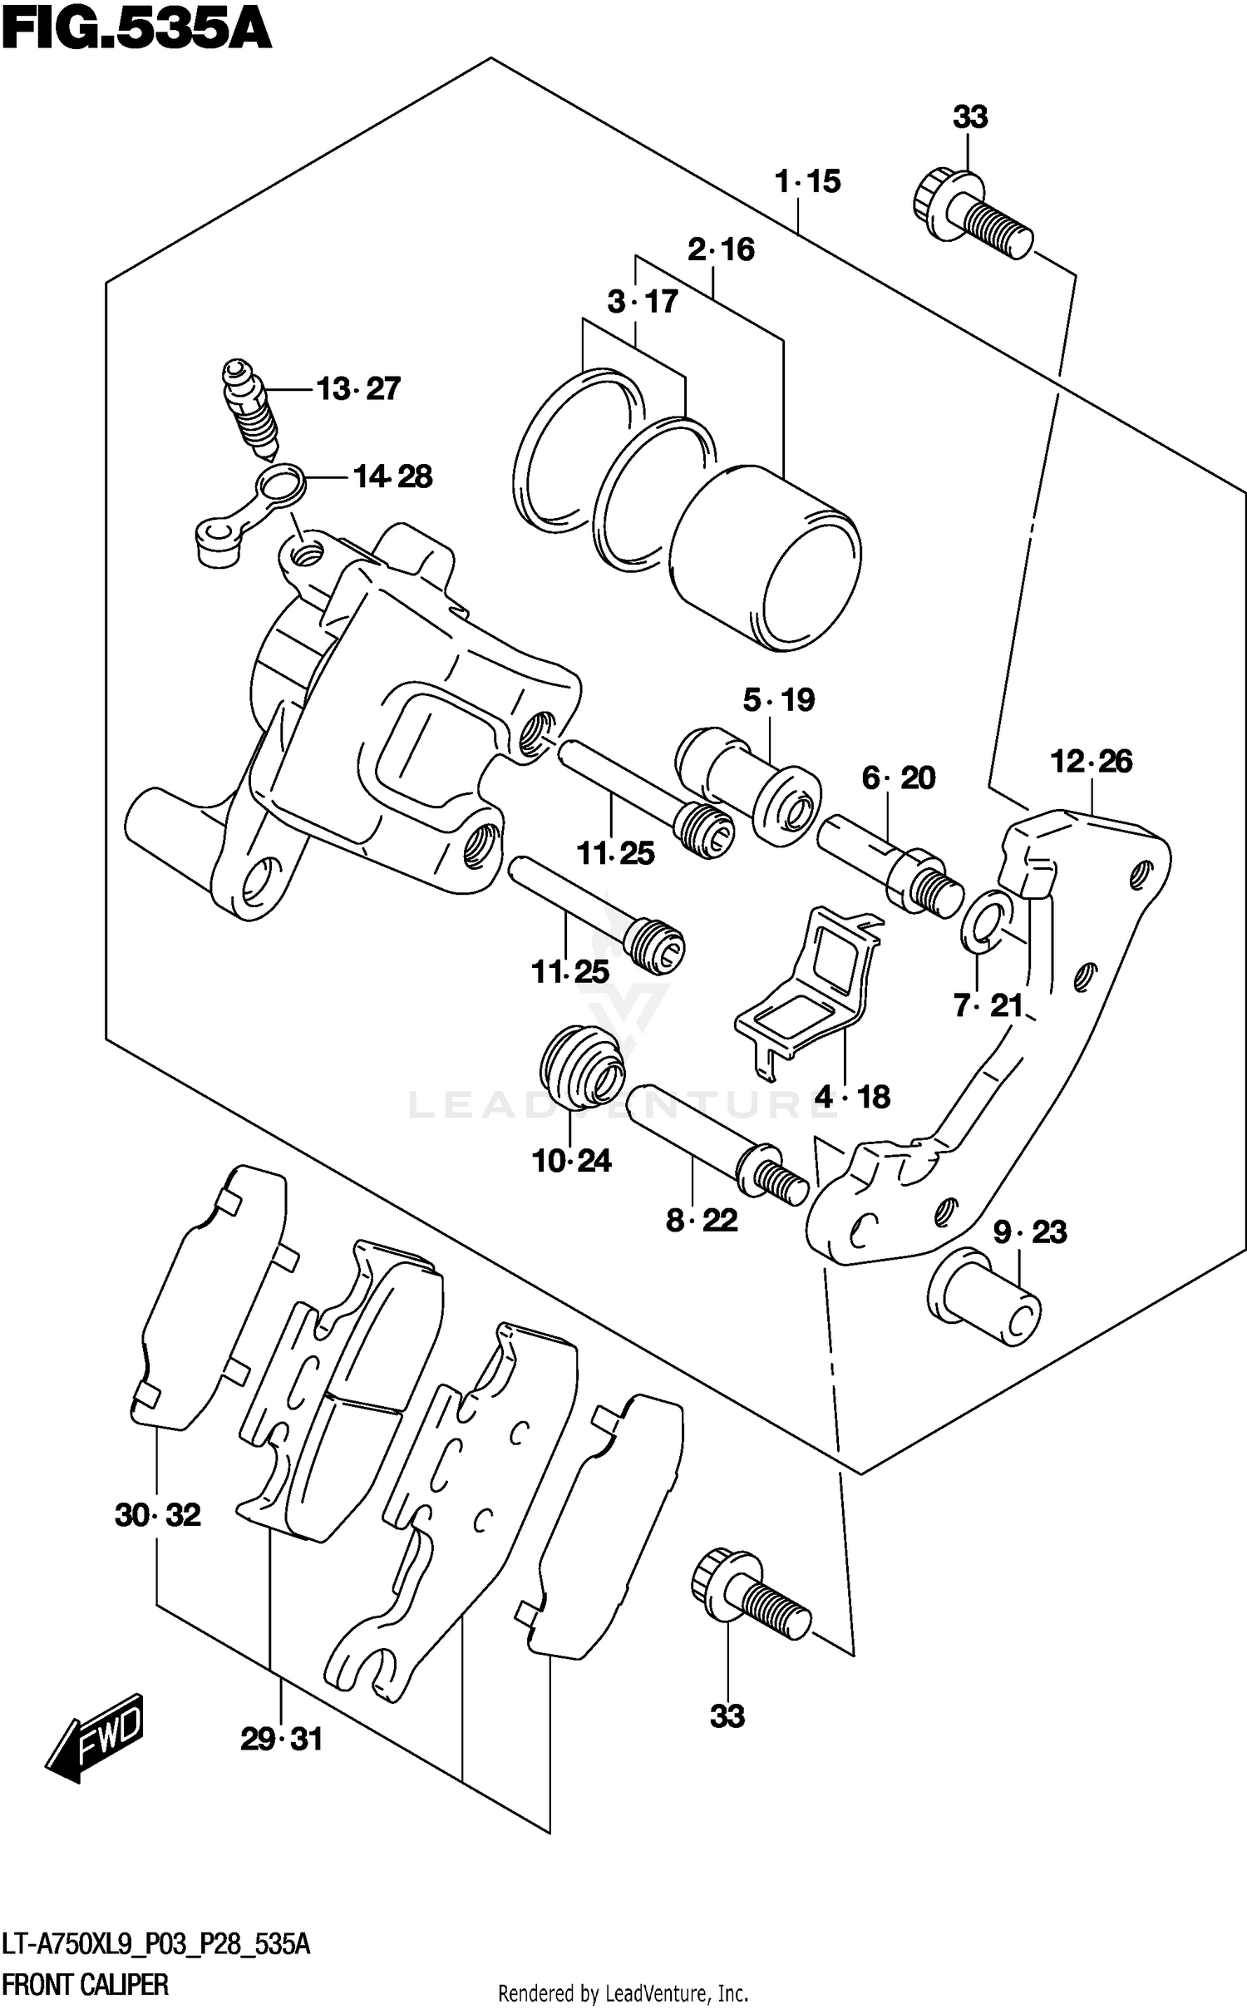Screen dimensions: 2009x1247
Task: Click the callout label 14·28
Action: pos(392,477)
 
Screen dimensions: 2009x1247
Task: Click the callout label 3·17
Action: pos(642,302)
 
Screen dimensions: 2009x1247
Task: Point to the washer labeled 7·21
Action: pos(985,921)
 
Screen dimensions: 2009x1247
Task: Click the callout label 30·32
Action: pos(158,1515)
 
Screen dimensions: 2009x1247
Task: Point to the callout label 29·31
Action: pos(281,1740)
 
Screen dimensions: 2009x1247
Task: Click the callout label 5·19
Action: pos(779,700)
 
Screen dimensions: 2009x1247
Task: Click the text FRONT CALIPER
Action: pos(85,1985)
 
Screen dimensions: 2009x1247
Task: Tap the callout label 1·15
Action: pos(807,181)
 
